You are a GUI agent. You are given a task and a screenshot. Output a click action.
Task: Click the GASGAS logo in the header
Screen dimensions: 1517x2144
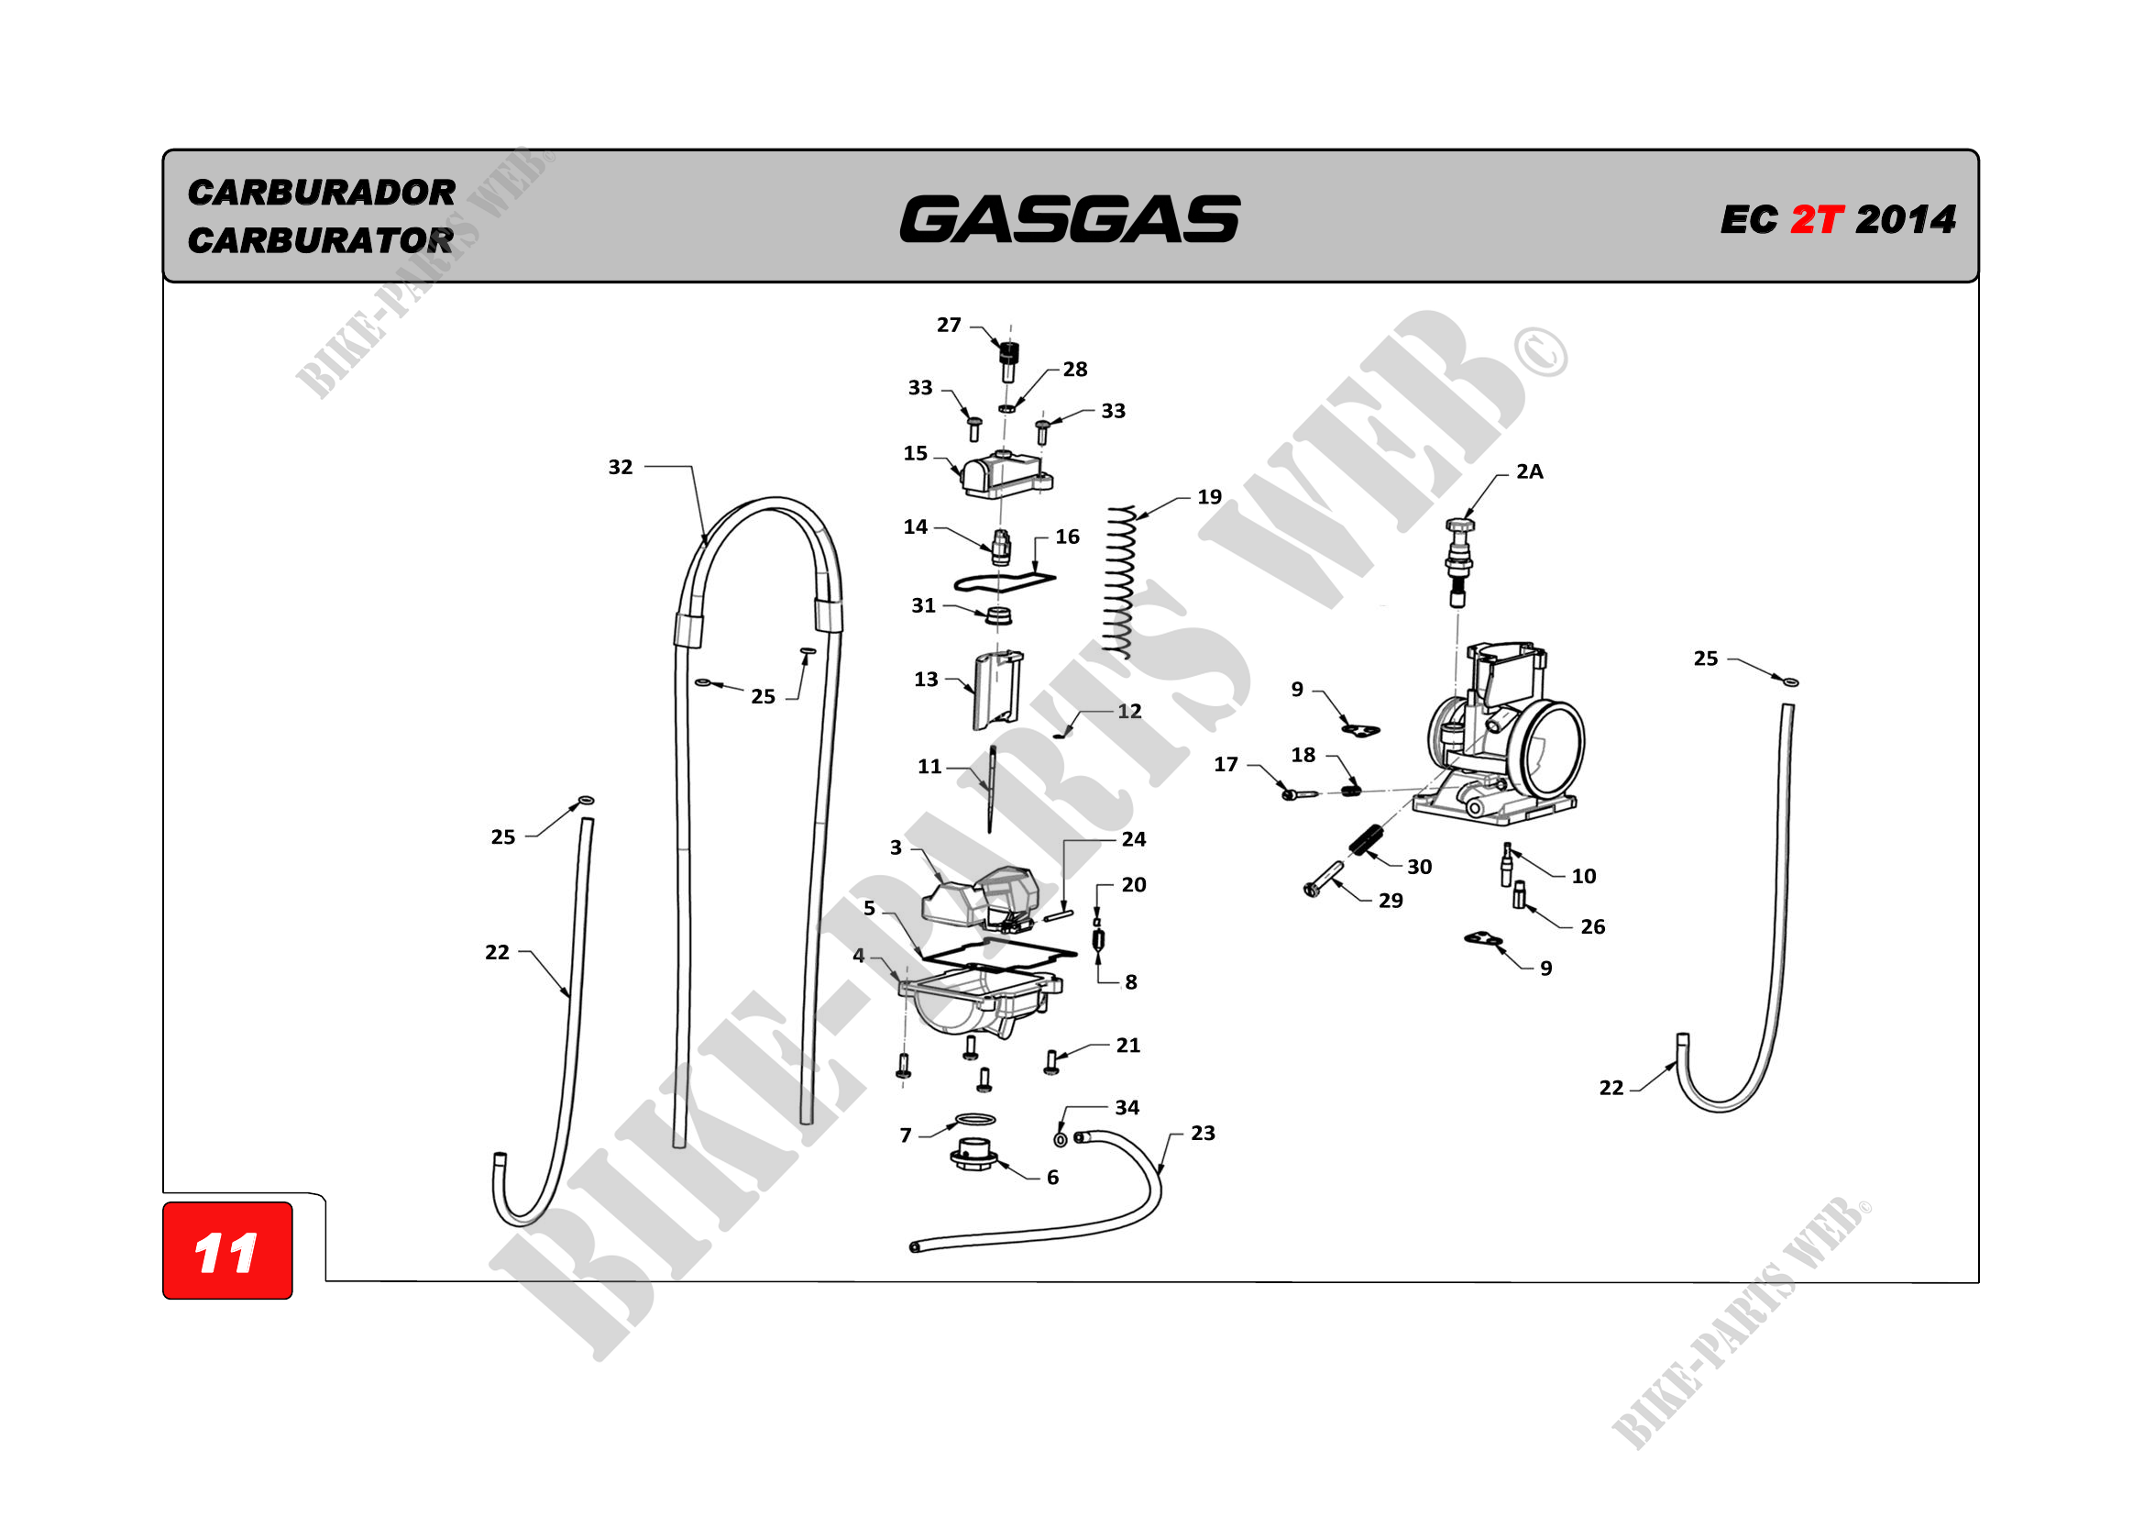pyautogui.click(x=1070, y=219)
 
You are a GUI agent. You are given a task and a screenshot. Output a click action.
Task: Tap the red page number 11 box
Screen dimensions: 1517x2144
pyautogui.click(x=227, y=1252)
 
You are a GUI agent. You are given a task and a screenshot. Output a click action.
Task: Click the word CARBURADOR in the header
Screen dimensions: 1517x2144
pyautogui.click(x=321, y=193)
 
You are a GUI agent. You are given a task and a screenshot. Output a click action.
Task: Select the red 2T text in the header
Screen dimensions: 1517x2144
pyautogui.click(x=1816, y=220)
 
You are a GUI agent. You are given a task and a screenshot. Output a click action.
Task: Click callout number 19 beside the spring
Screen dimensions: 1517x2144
pyautogui.click(x=1209, y=497)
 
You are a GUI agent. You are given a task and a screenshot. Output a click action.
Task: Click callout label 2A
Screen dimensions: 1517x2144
pyautogui.click(x=1530, y=471)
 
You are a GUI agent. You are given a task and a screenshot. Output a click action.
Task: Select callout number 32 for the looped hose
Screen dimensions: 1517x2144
pyautogui.click(x=621, y=467)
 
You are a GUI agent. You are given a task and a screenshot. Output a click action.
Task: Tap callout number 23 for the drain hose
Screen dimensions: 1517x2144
pyautogui.click(x=1203, y=1133)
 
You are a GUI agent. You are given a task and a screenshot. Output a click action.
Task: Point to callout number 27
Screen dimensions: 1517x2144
pyautogui.click(x=949, y=325)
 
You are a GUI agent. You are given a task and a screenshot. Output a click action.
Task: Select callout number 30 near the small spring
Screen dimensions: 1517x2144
pyautogui.click(x=1419, y=867)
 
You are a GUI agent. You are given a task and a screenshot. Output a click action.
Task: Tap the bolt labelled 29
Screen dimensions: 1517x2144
pyautogui.click(x=1324, y=880)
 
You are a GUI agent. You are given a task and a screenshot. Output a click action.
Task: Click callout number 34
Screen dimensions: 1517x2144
pyautogui.click(x=1127, y=1108)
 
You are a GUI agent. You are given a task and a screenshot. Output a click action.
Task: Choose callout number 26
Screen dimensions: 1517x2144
pyautogui.click(x=1593, y=926)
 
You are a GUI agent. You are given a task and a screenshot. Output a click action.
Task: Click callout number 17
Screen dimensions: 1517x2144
pyautogui.click(x=1226, y=765)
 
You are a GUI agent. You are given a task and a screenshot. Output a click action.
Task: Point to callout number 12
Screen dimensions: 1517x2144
pyautogui.click(x=1130, y=712)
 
